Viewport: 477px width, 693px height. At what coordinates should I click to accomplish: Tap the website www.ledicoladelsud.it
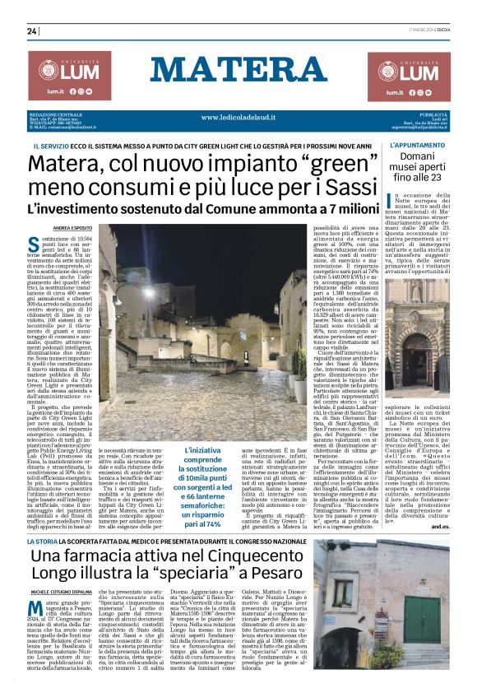pos(238,117)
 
